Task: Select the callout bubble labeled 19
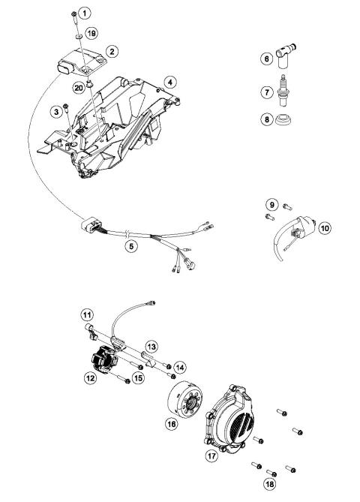[91, 33]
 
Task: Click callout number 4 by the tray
[171, 82]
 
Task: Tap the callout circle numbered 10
[324, 226]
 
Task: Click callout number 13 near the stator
[151, 347]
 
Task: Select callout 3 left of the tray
[55, 112]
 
